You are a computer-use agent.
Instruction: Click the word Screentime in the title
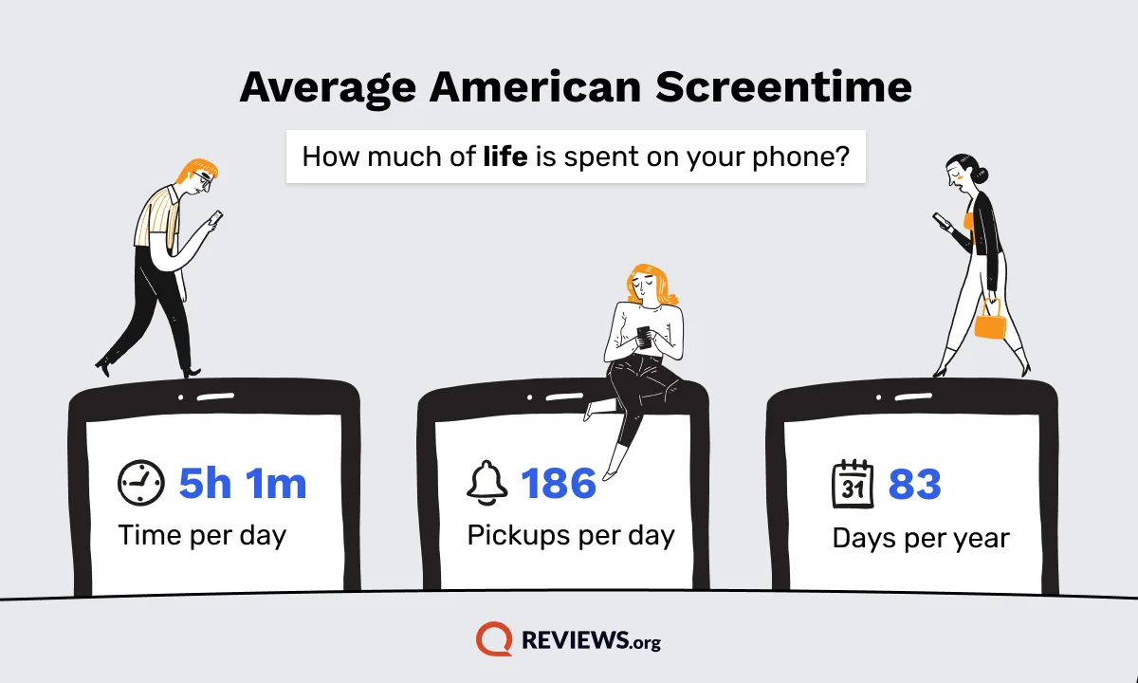click(x=783, y=87)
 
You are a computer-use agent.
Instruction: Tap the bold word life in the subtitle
click(x=505, y=156)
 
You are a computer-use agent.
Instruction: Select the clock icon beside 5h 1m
click(x=140, y=483)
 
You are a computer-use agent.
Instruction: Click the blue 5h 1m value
click(x=243, y=483)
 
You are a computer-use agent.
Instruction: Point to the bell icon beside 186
click(x=486, y=483)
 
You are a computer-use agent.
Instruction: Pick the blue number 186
click(x=559, y=483)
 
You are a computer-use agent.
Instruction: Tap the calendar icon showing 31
click(x=853, y=483)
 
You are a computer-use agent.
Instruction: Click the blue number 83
click(x=915, y=484)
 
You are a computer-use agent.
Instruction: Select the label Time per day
click(x=202, y=536)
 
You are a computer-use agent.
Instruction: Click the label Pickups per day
click(x=571, y=536)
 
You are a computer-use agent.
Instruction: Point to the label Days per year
click(x=921, y=538)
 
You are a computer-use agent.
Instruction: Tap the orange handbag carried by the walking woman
click(x=990, y=321)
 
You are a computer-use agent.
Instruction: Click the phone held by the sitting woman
click(x=644, y=337)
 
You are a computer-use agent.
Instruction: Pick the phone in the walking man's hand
click(x=216, y=217)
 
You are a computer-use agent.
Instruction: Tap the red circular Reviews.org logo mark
click(x=494, y=638)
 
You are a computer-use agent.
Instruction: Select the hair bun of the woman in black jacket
click(x=982, y=175)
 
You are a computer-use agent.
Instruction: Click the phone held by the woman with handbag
click(x=942, y=220)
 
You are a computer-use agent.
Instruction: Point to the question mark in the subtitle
click(x=842, y=156)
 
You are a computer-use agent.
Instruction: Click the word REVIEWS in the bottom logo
click(x=577, y=639)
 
